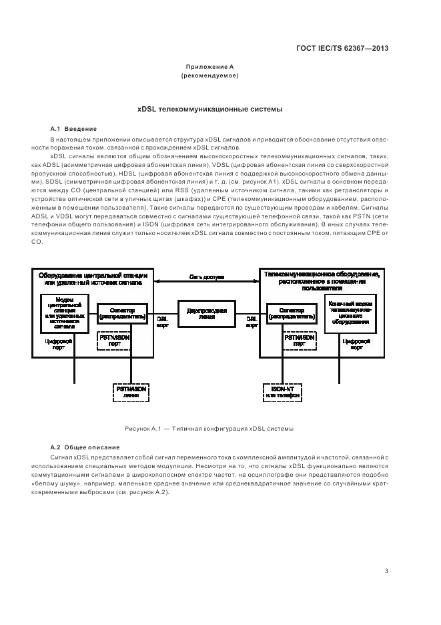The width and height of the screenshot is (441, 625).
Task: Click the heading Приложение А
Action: (209, 67)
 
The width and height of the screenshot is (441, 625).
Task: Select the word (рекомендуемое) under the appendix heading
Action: (209, 75)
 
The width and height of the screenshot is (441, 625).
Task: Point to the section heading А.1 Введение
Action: (73, 128)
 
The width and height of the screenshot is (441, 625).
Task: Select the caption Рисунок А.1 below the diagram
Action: (209, 428)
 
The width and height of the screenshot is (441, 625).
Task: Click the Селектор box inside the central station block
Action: (121, 313)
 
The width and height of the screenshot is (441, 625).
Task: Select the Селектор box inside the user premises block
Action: (292, 313)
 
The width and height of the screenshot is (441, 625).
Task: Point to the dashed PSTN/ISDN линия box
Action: (131, 391)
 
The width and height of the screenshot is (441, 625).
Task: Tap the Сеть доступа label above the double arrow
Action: (206, 276)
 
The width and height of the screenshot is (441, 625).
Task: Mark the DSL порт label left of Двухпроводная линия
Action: (162, 322)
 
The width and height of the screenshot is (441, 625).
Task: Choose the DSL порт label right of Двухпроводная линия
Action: (252, 322)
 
